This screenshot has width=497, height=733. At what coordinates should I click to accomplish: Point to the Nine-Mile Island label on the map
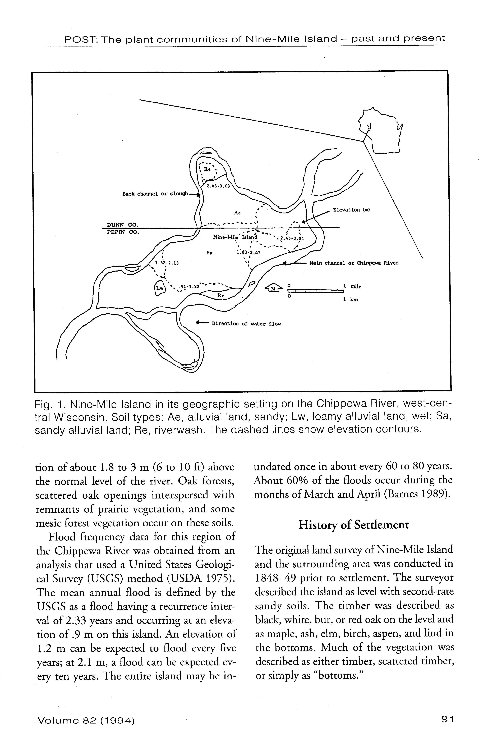click(235, 237)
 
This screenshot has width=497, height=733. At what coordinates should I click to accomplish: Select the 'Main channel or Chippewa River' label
click(354, 263)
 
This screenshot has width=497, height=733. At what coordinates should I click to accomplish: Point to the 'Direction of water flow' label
click(246, 324)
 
